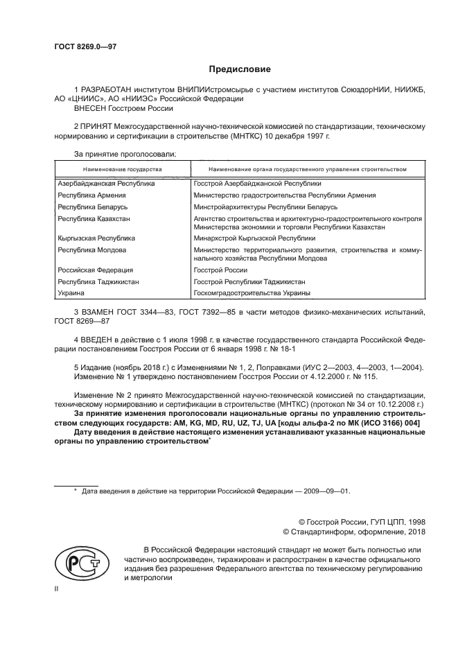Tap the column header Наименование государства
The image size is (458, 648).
[x=123, y=169]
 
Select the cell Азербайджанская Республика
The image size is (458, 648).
[x=106, y=184]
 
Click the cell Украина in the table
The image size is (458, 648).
[x=71, y=293]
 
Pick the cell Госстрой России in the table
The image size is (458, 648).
[x=221, y=270]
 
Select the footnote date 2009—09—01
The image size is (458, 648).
[x=330, y=491]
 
